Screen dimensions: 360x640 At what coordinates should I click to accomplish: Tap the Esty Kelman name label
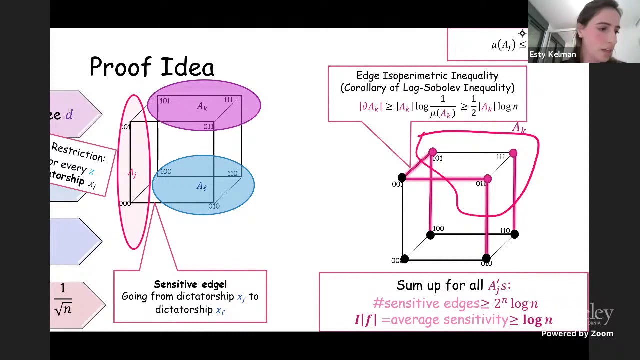click(552, 55)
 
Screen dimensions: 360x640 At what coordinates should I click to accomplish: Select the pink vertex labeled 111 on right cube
click(513, 153)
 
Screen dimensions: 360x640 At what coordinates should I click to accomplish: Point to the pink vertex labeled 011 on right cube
click(487, 179)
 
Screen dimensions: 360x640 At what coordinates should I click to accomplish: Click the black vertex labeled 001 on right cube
click(402, 178)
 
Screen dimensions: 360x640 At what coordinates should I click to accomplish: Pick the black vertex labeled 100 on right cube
click(430, 235)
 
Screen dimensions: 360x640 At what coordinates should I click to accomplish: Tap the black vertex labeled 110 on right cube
click(515, 234)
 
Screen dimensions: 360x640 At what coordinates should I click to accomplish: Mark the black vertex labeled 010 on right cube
click(486, 259)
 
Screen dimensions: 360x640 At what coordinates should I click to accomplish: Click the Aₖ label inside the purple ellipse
click(202, 107)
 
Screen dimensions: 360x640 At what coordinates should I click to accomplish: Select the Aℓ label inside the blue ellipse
click(201, 186)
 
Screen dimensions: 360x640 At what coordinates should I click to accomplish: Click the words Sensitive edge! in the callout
click(190, 284)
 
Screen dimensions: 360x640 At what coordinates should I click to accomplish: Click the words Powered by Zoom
click(577, 334)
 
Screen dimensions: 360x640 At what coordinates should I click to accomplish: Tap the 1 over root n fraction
click(63, 300)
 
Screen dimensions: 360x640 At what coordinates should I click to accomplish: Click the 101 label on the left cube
click(164, 101)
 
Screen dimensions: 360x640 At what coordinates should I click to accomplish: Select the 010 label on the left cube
click(214, 206)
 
